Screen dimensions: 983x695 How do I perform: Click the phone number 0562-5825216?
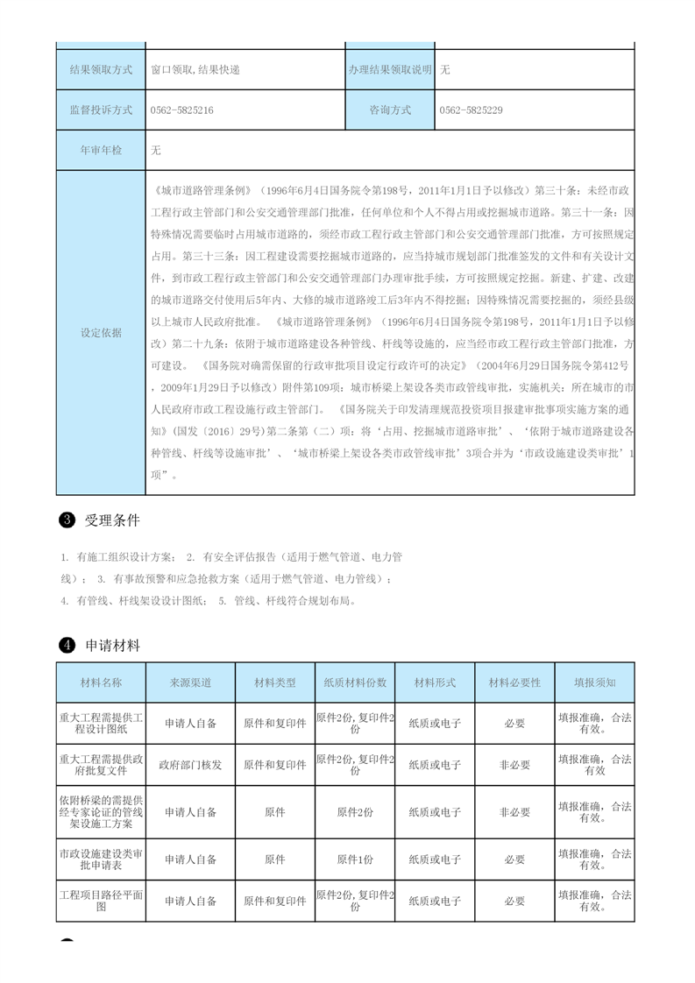coord(182,110)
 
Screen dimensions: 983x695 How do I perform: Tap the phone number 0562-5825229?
coord(471,110)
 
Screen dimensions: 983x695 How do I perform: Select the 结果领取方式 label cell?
coord(101,70)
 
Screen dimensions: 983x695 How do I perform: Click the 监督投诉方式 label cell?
coord(101,110)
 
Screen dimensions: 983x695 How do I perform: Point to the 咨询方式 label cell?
coord(390,110)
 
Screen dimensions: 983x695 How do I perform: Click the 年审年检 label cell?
coord(101,151)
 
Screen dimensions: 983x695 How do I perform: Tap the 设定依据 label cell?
coord(101,333)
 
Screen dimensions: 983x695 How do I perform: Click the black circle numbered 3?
coord(66,520)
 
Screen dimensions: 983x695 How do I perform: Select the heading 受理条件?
coord(112,520)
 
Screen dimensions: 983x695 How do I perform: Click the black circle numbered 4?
coord(66,646)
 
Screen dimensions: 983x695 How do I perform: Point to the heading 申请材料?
coord(112,646)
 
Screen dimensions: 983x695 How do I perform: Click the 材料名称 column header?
coord(101,682)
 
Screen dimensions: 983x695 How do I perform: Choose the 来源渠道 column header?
coord(190,682)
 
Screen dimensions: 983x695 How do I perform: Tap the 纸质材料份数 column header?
coord(355,682)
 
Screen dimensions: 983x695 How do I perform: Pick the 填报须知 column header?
coord(594,682)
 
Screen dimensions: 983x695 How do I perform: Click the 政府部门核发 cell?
coord(190,765)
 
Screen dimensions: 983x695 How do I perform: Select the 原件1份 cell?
coord(355,859)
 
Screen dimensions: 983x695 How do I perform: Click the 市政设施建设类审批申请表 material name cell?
coord(101,859)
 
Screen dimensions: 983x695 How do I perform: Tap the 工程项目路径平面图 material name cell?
coord(101,901)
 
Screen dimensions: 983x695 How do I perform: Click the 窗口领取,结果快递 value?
coord(195,70)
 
